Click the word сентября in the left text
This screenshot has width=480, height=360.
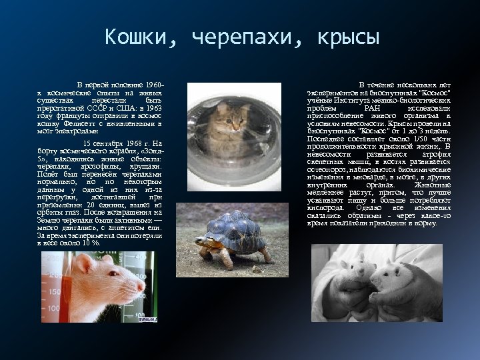coord(103,143)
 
